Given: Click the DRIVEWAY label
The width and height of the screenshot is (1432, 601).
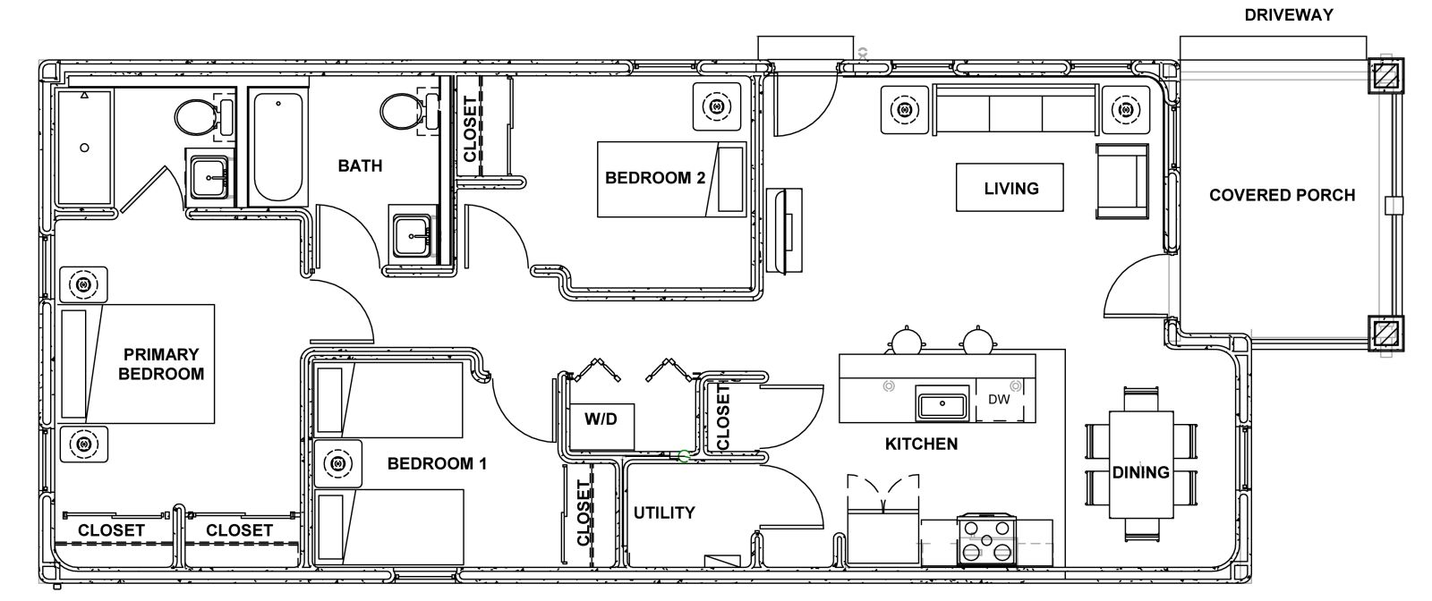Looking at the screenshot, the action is pos(1288,15).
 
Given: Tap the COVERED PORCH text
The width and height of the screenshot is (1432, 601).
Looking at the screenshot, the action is pos(1282,196).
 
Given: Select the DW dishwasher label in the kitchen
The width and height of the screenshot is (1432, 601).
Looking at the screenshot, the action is pos(999,400).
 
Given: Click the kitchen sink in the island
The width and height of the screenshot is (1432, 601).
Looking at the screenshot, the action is pos(942,403).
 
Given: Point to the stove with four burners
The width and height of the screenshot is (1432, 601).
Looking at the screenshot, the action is pos(987,540).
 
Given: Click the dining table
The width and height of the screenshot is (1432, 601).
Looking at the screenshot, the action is pos(1140,465).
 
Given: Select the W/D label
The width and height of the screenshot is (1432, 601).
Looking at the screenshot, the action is pos(601,419).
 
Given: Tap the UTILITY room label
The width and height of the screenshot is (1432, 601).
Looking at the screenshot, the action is pos(664,512).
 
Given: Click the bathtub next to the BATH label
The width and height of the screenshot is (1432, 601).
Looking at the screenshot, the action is pos(278,147).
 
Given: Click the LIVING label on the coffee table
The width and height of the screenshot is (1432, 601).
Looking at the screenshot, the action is pos(1011,189).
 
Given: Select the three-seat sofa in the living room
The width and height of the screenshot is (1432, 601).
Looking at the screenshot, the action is pos(1016,109).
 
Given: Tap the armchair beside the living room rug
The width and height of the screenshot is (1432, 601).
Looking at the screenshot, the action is pos(1122,182).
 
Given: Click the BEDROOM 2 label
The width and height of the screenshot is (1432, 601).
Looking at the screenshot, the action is pos(655,178).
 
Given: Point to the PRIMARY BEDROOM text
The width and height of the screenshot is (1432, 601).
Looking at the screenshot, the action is pos(161,364).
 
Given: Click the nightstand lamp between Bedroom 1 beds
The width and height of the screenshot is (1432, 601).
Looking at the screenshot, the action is pos(338,463).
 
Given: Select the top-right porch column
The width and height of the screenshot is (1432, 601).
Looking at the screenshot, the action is pos(1385,76).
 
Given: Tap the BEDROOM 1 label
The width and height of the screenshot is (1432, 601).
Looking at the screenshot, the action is pos(438,463).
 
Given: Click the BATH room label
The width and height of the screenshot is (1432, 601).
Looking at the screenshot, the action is pos(360,166).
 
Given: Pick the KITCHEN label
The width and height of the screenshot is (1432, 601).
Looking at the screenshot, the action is pos(921,444).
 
